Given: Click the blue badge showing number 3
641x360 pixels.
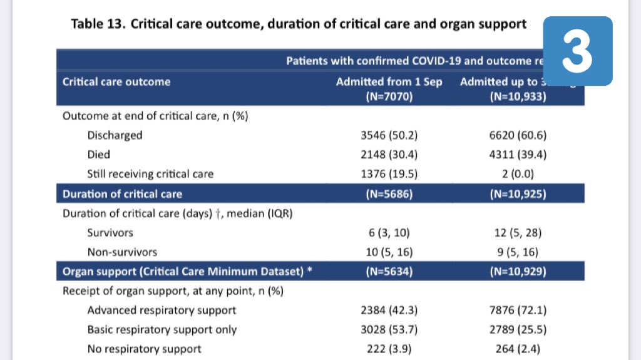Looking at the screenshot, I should coord(577,51).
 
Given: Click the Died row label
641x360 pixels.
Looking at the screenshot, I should coord(99,155).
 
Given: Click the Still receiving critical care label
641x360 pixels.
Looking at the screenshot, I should coord(150,174).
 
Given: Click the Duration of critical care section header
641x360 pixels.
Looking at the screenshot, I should coord(122,194).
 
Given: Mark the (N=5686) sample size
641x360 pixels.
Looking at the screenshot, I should coord(389,194).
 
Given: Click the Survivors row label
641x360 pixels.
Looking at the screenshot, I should coord(110,233).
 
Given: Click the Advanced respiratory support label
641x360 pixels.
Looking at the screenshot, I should coord(162,311).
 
